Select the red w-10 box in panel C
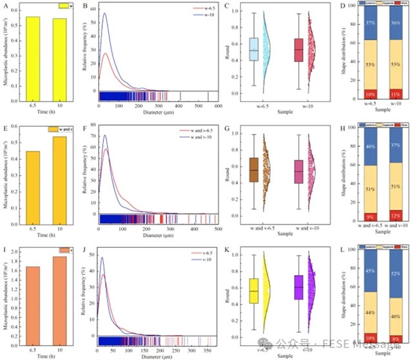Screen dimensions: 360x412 [298, 51]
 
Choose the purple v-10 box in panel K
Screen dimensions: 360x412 [298, 287]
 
